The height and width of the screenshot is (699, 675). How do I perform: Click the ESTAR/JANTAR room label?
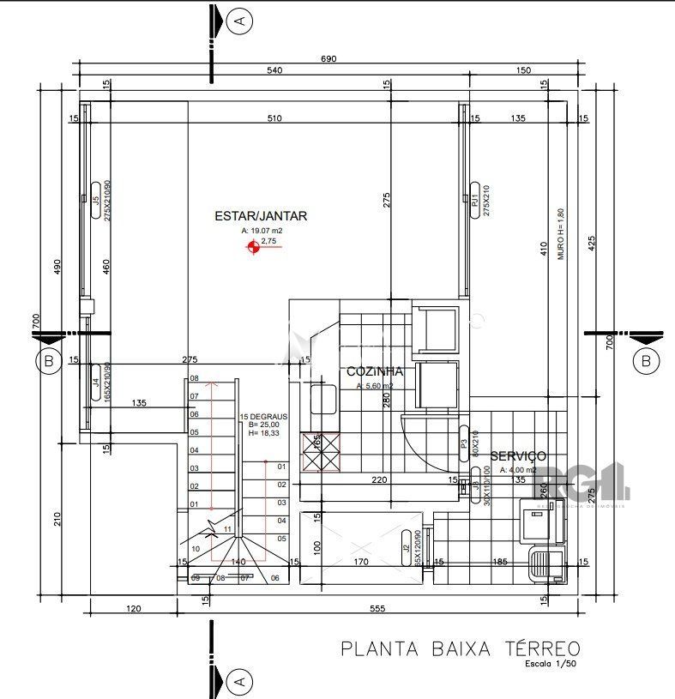coord(261,217)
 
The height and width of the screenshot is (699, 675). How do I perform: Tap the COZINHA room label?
coord(375,371)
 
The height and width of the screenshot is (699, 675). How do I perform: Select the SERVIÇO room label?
coord(517,456)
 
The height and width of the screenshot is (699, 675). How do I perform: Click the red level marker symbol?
coord(253,248)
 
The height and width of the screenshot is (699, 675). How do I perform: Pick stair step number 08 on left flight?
coord(194,378)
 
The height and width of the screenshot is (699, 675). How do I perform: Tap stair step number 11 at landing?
coord(227,529)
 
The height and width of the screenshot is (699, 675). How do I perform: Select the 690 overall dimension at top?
coord(328,58)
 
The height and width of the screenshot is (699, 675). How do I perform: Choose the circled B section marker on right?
coord(645,361)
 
